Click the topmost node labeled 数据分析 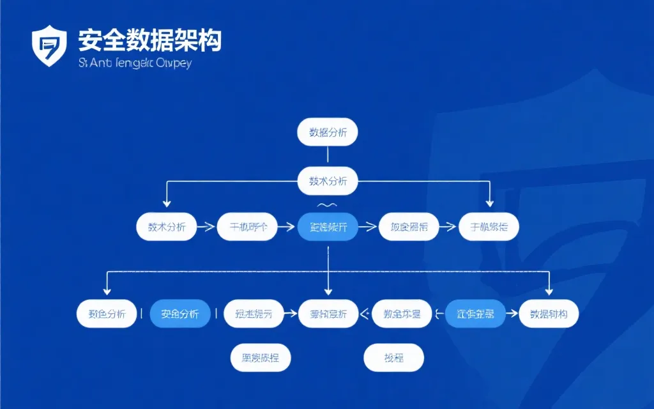[328, 132]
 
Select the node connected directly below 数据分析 [328, 181]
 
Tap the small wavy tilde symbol [327, 205]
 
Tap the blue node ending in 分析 [179, 314]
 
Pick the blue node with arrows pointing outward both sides [474, 314]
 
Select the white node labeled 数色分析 [107, 314]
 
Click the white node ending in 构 [549, 314]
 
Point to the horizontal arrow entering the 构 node [511, 314]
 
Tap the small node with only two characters [393, 358]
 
